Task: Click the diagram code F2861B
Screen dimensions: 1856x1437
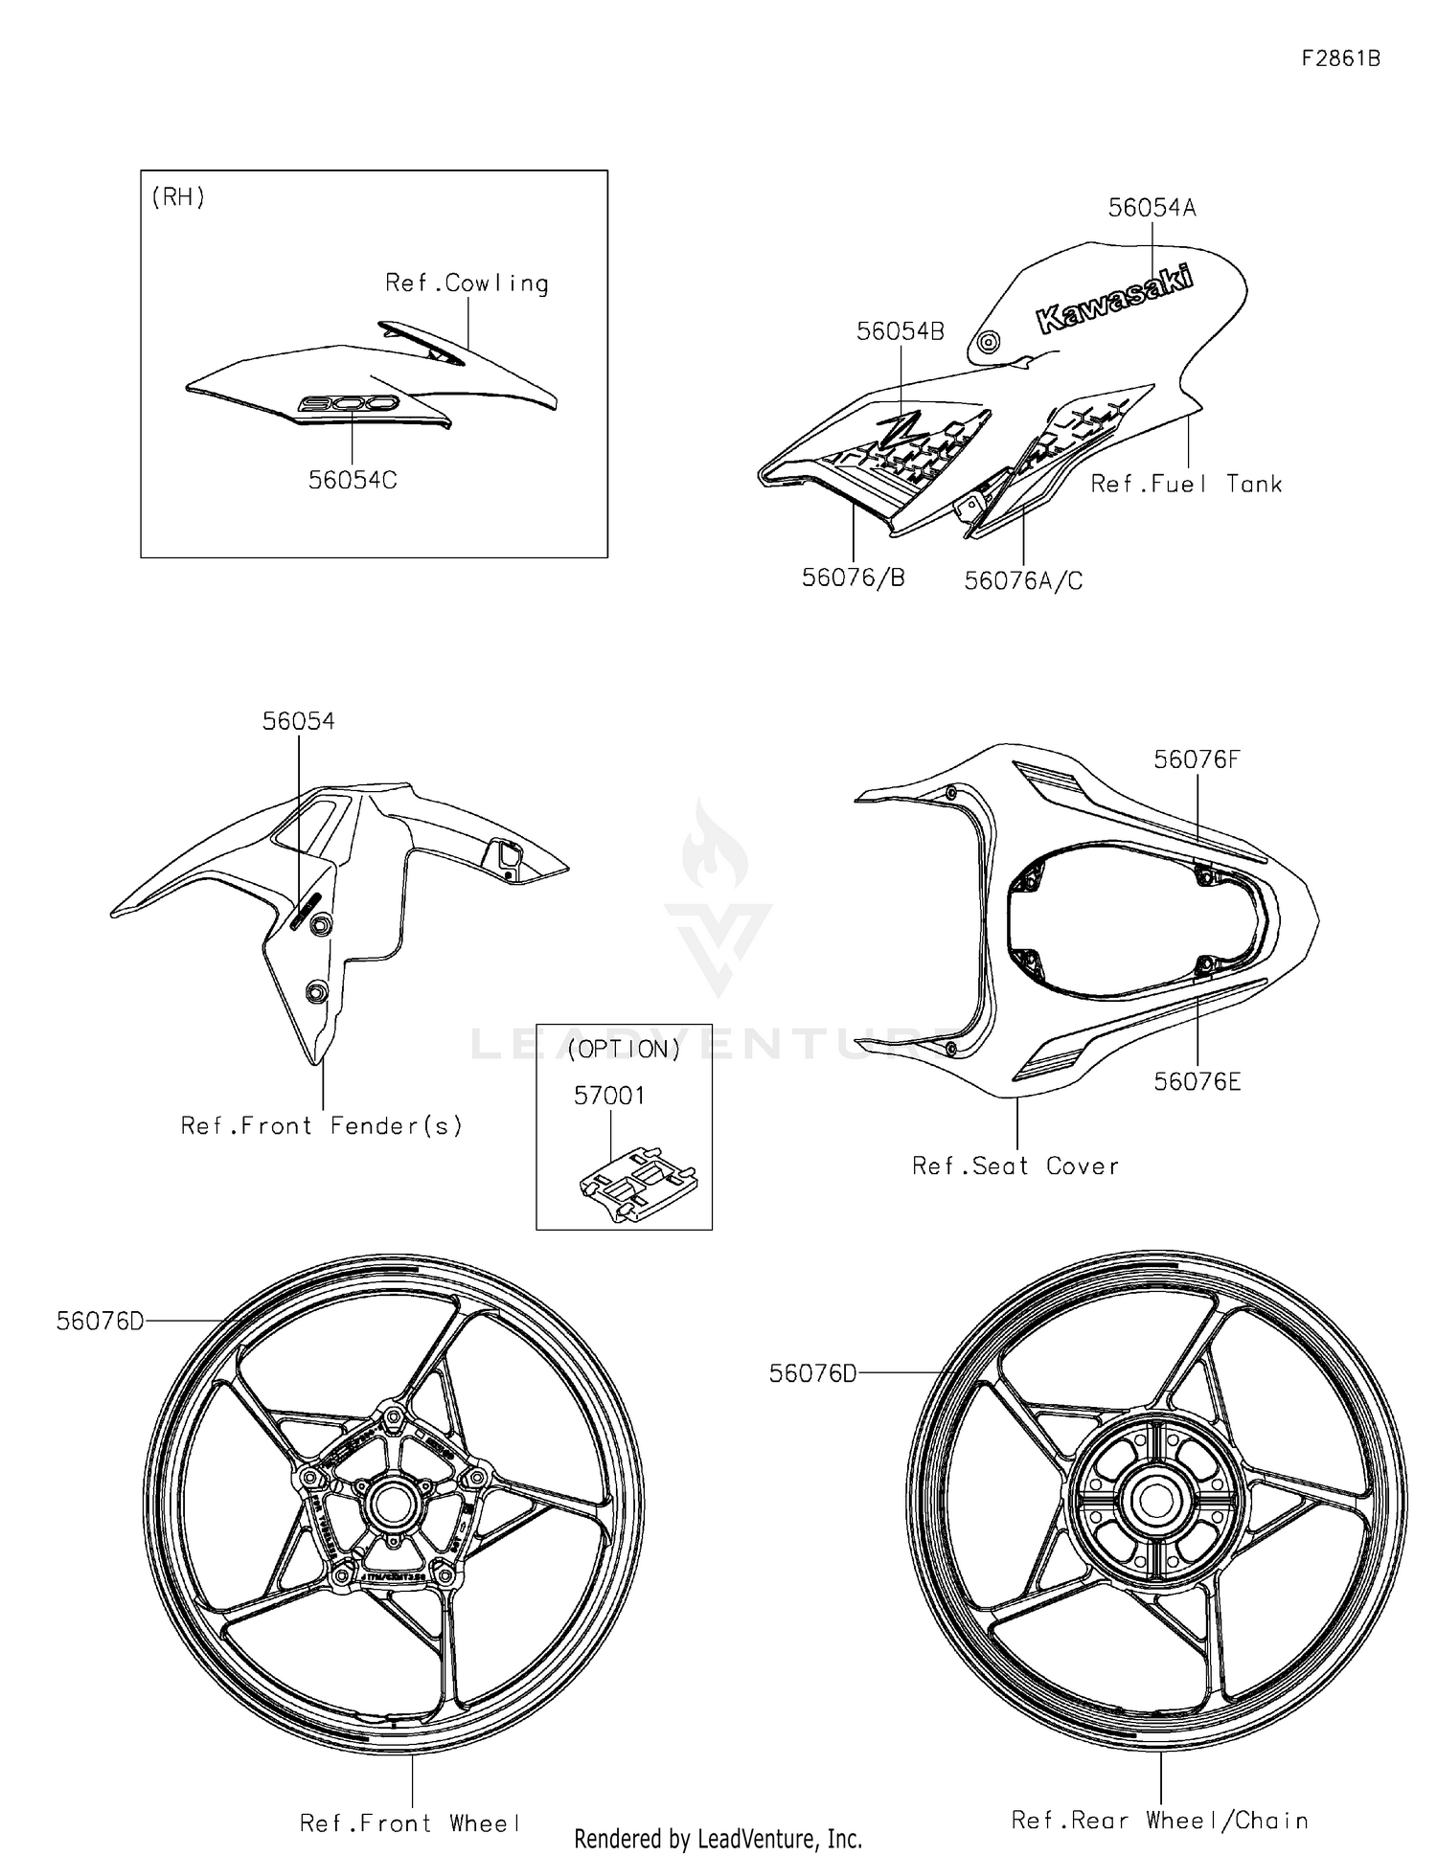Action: point(1340,58)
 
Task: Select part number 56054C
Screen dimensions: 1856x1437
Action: point(352,480)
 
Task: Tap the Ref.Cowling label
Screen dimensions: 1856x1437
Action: point(467,283)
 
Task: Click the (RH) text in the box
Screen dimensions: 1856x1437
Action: point(178,197)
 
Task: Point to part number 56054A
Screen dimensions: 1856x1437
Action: point(1152,208)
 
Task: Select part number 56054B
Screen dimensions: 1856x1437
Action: point(900,331)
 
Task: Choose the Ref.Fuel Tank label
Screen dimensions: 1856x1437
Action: point(1186,485)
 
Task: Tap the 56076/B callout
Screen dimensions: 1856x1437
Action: point(853,577)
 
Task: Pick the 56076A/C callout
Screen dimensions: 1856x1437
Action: point(1023,580)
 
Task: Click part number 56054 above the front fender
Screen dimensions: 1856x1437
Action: point(298,721)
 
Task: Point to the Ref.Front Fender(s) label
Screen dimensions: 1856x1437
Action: point(322,1125)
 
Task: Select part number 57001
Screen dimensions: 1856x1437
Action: point(609,1096)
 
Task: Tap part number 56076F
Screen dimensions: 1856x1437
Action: point(1197,759)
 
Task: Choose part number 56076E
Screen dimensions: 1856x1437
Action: point(1197,1081)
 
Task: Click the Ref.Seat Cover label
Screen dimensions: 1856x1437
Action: point(1015,1166)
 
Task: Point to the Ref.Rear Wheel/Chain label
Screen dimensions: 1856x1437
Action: point(1159,1820)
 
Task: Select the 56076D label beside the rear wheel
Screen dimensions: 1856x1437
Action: point(812,1373)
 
